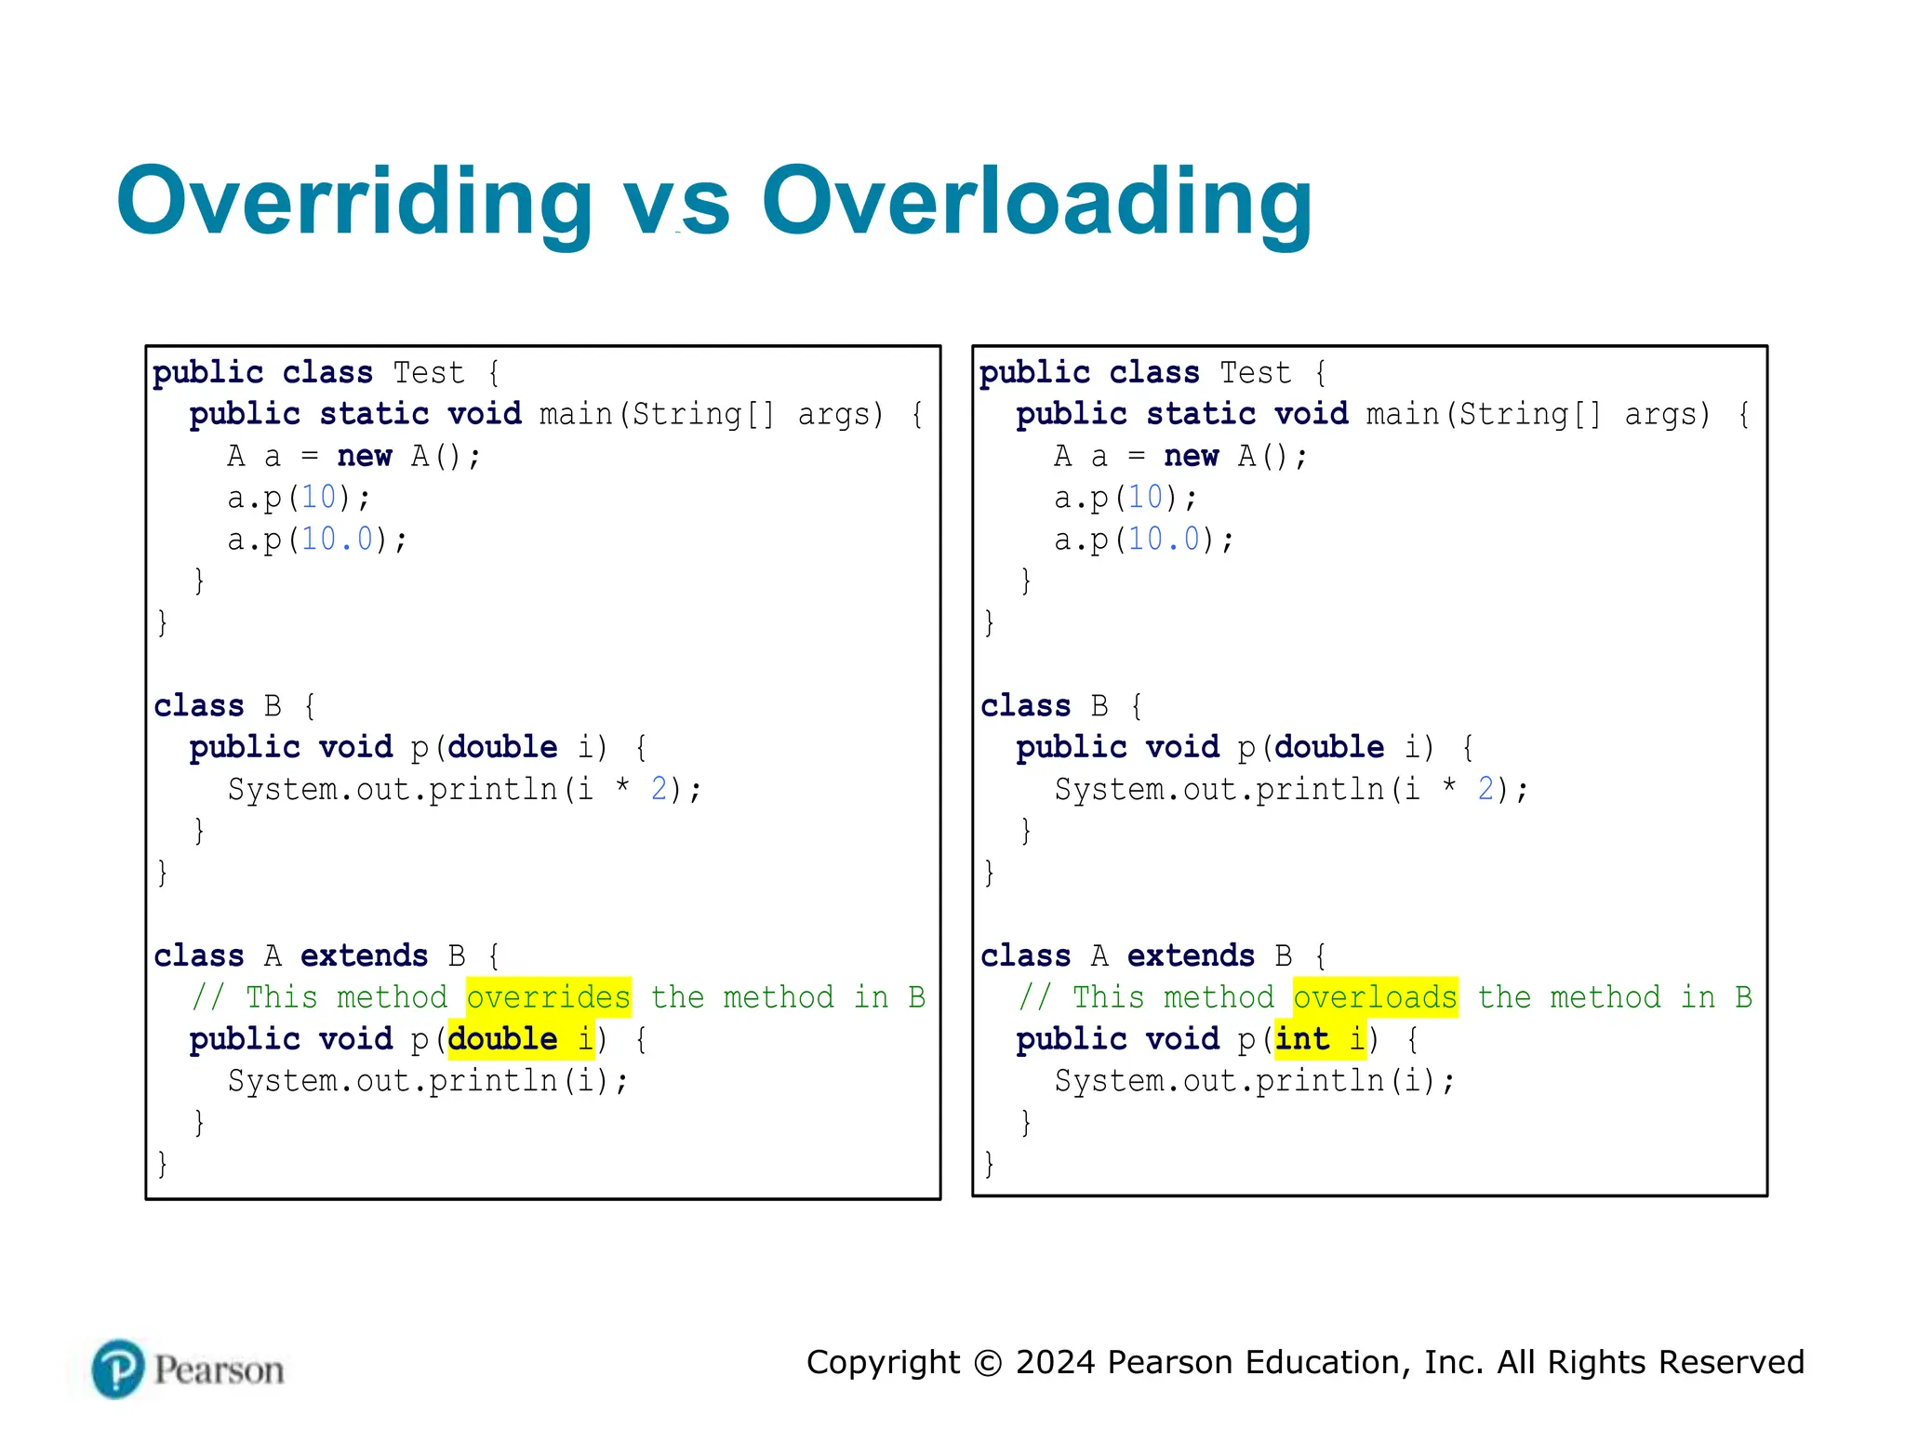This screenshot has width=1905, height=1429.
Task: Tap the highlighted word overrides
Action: click(548, 997)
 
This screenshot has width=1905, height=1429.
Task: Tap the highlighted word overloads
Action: click(1375, 997)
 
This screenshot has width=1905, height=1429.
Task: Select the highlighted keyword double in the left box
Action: click(503, 1038)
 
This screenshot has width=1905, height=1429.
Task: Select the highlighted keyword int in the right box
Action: click(1301, 1038)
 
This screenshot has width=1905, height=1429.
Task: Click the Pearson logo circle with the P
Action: click(118, 1369)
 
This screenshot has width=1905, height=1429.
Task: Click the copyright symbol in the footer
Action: click(987, 1363)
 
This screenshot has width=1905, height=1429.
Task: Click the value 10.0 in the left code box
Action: click(337, 539)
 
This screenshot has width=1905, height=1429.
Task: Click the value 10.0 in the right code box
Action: click(1164, 539)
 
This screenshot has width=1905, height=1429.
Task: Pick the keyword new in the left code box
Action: click(365, 456)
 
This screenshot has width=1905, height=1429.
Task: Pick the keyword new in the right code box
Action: click(1191, 456)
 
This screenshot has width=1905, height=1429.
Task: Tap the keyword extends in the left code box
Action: click(364, 955)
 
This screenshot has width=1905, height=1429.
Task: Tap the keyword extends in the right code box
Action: click(1191, 955)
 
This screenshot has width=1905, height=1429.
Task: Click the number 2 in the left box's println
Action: click(659, 789)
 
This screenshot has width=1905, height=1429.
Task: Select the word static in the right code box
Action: click(1200, 414)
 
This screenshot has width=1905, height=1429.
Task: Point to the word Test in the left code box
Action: click(428, 373)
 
